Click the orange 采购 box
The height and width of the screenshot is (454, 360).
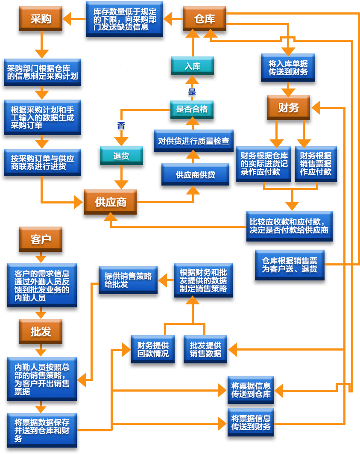click(x=41, y=18)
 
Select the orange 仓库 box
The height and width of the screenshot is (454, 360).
click(x=204, y=18)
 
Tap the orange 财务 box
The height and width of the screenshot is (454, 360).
click(x=288, y=107)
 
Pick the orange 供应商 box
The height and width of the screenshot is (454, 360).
click(x=111, y=202)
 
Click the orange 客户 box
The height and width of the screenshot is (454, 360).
click(x=41, y=239)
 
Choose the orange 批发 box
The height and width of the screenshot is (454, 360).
click(x=41, y=332)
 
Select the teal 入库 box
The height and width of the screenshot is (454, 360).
click(x=192, y=66)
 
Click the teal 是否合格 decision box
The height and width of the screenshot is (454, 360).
click(x=192, y=109)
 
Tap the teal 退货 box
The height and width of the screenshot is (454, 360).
click(x=121, y=156)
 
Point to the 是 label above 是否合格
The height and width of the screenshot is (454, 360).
click(x=192, y=92)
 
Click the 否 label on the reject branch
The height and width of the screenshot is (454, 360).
click(x=121, y=125)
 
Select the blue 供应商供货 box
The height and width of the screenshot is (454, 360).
click(x=196, y=174)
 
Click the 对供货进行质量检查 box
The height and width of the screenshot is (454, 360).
click(x=194, y=141)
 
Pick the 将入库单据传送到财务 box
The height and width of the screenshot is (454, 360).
click(x=288, y=68)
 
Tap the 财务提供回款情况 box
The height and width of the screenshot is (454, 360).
click(x=153, y=349)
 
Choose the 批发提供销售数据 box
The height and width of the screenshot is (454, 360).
click(x=205, y=349)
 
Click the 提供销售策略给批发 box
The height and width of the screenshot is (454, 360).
click(x=128, y=280)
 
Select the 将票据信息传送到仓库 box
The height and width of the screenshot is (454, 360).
click(x=251, y=390)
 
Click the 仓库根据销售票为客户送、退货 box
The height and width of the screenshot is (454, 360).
click(x=290, y=265)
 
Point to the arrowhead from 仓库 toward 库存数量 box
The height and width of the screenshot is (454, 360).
click(x=168, y=19)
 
